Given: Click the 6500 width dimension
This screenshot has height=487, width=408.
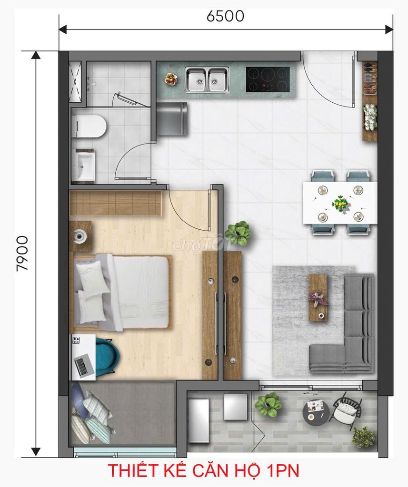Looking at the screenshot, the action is coord(226,16).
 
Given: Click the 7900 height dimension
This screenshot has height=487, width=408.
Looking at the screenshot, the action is coord(22,253).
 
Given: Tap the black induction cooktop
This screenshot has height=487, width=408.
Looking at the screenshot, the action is coord(268,79).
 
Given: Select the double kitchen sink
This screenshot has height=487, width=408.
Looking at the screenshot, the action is coord(207,80).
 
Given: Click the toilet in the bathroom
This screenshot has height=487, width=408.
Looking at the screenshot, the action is coord(89,127).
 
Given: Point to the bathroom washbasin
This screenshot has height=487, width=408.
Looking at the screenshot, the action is coord(83,165).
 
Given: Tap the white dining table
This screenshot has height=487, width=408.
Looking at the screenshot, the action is coord(340,203).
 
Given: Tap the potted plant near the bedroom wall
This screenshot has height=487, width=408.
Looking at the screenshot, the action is coord(238,233).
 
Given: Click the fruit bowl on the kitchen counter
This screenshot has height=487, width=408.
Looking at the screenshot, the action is coord(171,79).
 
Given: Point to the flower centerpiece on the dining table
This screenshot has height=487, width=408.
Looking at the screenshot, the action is coord(340,204).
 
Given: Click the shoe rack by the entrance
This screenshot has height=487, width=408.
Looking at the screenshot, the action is coord(370,101).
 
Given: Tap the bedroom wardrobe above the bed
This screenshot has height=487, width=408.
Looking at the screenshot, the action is coord(116,203).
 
